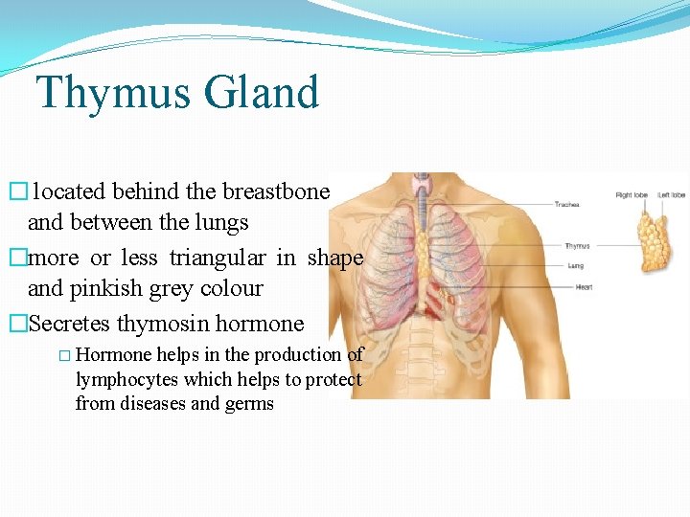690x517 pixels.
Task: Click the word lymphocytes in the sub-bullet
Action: (124, 379)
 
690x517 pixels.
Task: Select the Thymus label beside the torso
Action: (577, 246)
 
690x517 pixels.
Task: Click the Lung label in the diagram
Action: (575, 265)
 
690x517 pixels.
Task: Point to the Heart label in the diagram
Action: (583, 287)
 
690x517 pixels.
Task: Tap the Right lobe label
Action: (631, 195)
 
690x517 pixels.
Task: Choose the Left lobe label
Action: (671, 195)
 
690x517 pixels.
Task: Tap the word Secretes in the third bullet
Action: (71, 324)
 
